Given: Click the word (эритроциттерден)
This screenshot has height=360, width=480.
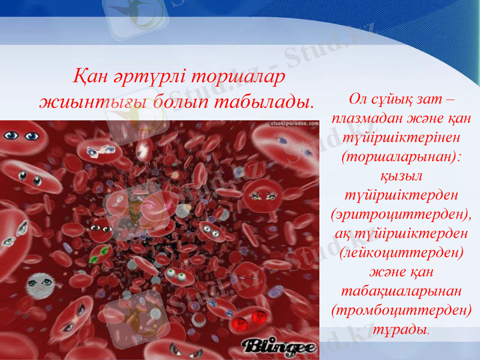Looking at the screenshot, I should (401, 214).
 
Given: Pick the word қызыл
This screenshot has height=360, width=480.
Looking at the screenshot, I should (401, 175).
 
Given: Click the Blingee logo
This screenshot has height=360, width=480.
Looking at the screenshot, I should (280, 346).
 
